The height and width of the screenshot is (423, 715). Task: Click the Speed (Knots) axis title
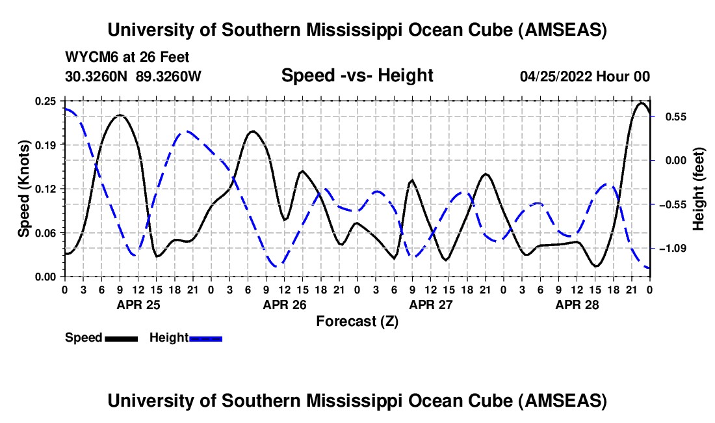pyautogui.click(x=24, y=189)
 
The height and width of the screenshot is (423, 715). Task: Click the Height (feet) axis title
pyautogui.click(x=699, y=189)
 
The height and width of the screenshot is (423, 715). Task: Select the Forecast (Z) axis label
pyautogui.click(x=357, y=321)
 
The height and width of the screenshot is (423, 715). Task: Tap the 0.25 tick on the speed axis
pyautogui.click(x=46, y=101)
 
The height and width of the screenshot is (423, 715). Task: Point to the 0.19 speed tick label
pyautogui.click(x=46, y=144)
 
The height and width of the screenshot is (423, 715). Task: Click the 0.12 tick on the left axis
pyautogui.click(x=46, y=189)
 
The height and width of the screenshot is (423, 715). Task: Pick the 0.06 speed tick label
pyautogui.click(x=46, y=233)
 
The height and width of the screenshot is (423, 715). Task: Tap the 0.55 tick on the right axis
pyautogui.click(x=669, y=117)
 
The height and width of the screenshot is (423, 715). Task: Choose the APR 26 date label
pyautogui.click(x=284, y=304)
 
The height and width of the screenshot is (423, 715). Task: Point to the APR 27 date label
pyautogui.click(x=430, y=304)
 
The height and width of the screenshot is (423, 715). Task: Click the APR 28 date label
pyautogui.click(x=577, y=304)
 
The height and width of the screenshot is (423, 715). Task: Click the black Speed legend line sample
pyautogui.click(x=121, y=338)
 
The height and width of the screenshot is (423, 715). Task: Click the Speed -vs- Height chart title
pyautogui.click(x=357, y=76)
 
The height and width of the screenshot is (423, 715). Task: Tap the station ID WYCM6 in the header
pyautogui.click(x=88, y=58)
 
